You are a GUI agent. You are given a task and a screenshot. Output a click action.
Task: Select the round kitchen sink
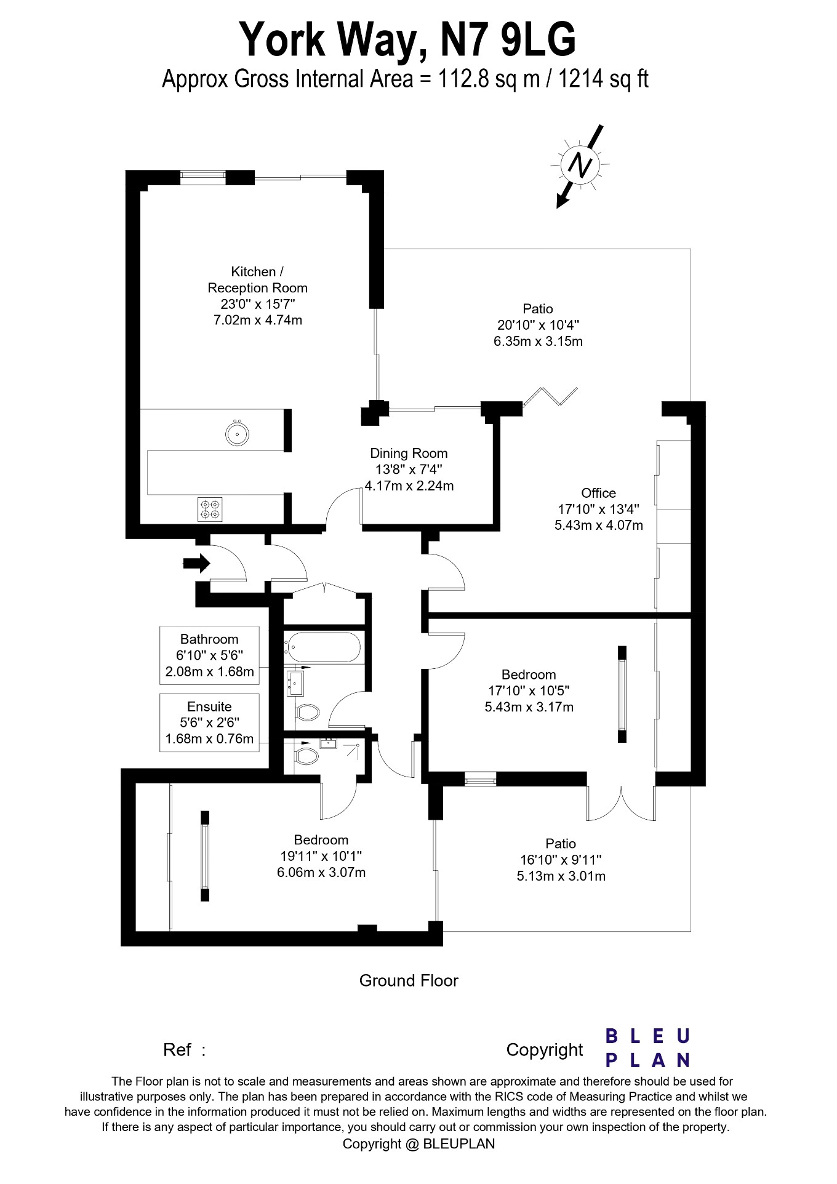point(237,433)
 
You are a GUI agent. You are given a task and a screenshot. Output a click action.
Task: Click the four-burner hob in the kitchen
point(209,509)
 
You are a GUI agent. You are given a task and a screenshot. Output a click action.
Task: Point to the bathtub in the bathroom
point(321,647)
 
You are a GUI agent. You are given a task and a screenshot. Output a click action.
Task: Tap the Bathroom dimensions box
point(209,655)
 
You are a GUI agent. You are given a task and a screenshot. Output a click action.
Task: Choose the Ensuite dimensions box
point(209,722)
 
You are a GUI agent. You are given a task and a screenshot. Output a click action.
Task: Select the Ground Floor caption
point(409,980)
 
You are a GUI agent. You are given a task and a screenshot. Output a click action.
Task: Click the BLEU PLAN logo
point(647,1048)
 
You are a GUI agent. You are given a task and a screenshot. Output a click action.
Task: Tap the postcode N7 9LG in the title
point(508,39)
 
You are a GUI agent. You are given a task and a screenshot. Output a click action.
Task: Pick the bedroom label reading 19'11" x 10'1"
point(321,856)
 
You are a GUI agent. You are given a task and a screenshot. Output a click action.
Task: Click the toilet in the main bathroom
point(307,713)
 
